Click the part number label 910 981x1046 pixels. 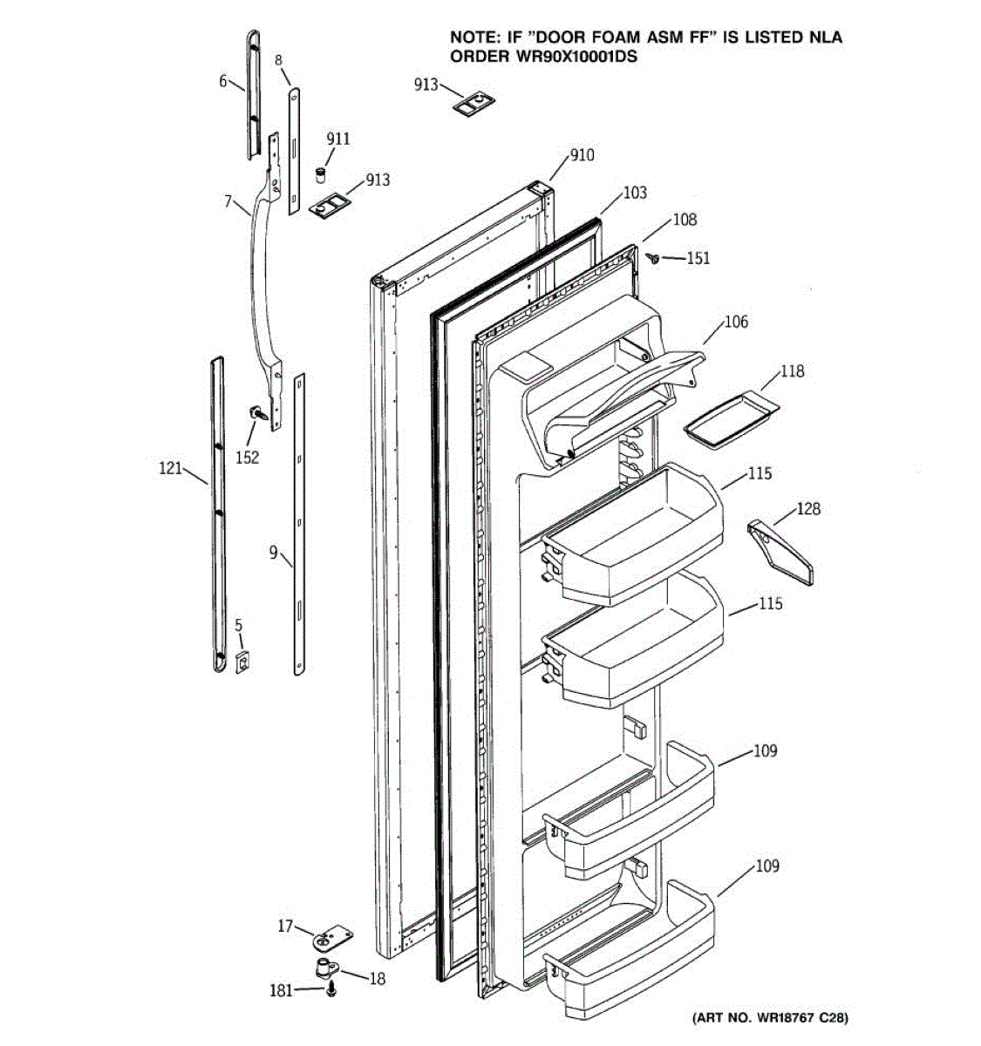pos(582,155)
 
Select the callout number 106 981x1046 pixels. pos(736,323)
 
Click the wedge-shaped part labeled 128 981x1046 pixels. pos(780,553)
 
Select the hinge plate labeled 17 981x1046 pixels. pos(331,940)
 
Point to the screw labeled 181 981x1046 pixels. pos(331,990)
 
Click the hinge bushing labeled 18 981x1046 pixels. pos(329,967)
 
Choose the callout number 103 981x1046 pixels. pos(635,193)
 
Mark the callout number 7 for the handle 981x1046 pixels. pos(228,202)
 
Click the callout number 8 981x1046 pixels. pos(279,60)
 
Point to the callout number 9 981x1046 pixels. pos(273,552)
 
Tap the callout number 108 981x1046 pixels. pos(685,220)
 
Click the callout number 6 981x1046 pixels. pos(223,81)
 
